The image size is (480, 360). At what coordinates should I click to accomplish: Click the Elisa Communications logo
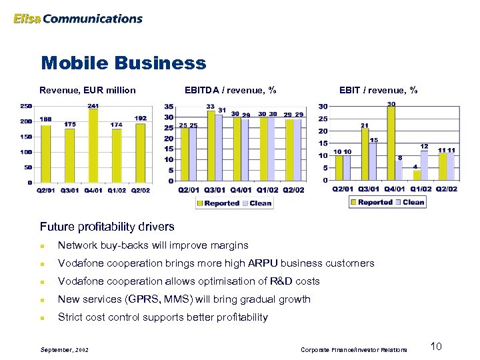pyautogui.click(x=78, y=19)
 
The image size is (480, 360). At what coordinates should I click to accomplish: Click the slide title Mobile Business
pyautogui.click(x=123, y=63)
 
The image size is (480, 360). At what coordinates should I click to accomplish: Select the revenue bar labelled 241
pyautogui.click(x=93, y=145)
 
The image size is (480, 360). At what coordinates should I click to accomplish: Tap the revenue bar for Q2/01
pyautogui.click(x=45, y=153)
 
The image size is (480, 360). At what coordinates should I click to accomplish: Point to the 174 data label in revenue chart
pyautogui.click(x=117, y=125)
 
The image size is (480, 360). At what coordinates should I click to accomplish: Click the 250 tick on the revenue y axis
pyautogui.click(x=25, y=106)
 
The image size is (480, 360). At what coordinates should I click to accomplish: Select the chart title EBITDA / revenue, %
pyautogui.click(x=231, y=90)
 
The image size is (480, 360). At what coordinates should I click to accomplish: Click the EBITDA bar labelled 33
pyautogui.click(x=210, y=145)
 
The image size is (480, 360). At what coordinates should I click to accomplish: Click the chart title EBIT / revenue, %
pyautogui.click(x=379, y=90)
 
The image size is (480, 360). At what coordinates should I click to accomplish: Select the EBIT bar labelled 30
pyautogui.click(x=390, y=143)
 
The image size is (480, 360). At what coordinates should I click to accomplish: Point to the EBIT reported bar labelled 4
pyautogui.click(x=417, y=175)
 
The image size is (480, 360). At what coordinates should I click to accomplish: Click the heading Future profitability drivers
pyautogui.click(x=107, y=226)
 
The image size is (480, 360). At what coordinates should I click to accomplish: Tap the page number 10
pyautogui.click(x=437, y=346)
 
